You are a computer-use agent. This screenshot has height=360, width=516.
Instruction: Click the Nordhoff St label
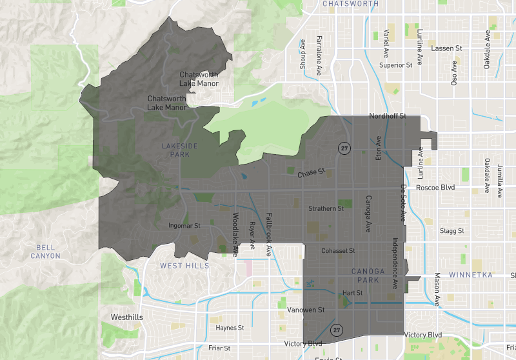click(x=387, y=116)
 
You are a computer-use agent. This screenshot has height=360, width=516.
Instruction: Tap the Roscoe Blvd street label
click(x=435, y=188)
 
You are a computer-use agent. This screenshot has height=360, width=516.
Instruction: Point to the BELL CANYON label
click(x=45, y=252)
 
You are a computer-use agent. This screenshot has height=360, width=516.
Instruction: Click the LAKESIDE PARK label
click(x=175, y=150)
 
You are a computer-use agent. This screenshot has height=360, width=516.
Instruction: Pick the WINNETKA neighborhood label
click(x=473, y=275)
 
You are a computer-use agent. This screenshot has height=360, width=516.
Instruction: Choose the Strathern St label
click(x=326, y=208)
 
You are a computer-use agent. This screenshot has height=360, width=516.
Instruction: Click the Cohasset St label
click(x=339, y=251)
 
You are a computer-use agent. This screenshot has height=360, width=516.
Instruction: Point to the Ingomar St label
click(x=184, y=226)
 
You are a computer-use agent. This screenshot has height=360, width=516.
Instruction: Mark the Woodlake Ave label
click(x=235, y=234)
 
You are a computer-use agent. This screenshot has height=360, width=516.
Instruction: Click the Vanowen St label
click(x=306, y=310)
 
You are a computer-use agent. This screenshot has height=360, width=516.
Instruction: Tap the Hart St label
click(x=353, y=293)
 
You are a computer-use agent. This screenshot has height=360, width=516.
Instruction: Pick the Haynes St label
click(x=230, y=328)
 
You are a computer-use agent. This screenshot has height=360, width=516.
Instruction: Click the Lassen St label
click(x=447, y=48)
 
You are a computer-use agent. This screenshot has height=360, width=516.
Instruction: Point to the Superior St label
click(x=395, y=65)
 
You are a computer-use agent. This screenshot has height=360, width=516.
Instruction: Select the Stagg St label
click(x=451, y=230)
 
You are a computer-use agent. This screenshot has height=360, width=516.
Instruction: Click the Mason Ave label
click(x=437, y=289)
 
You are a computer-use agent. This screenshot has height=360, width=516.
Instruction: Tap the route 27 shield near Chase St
click(x=345, y=147)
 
